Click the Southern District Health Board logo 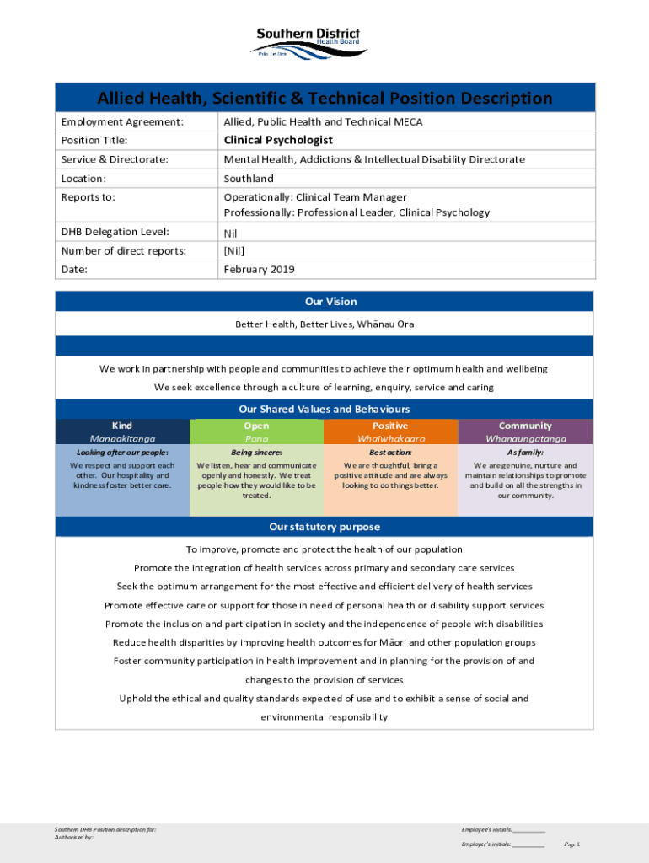(x=308, y=42)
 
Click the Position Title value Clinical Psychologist (x=277, y=140)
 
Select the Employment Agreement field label (x=122, y=122)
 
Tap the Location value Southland (x=249, y=179)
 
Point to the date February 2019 (x=259, y=270)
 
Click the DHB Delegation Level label (x=115, y=232)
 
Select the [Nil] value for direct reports (x=233, y=251)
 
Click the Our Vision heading (x=324, y=302)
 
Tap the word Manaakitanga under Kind (x=122, y=439)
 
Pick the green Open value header (x=256, y=426)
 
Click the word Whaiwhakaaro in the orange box (x=390, y=439)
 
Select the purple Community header (x=525, y=426)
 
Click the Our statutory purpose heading (x=324, y=527)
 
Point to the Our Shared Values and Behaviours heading (x=324, y=409)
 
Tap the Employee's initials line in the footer (x=503, y=830)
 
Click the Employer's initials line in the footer (x=502, y=844)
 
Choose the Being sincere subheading (x=256, y=453)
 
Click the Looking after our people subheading (x=122, y=453)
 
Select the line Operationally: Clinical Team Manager (x=315, y=197)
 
